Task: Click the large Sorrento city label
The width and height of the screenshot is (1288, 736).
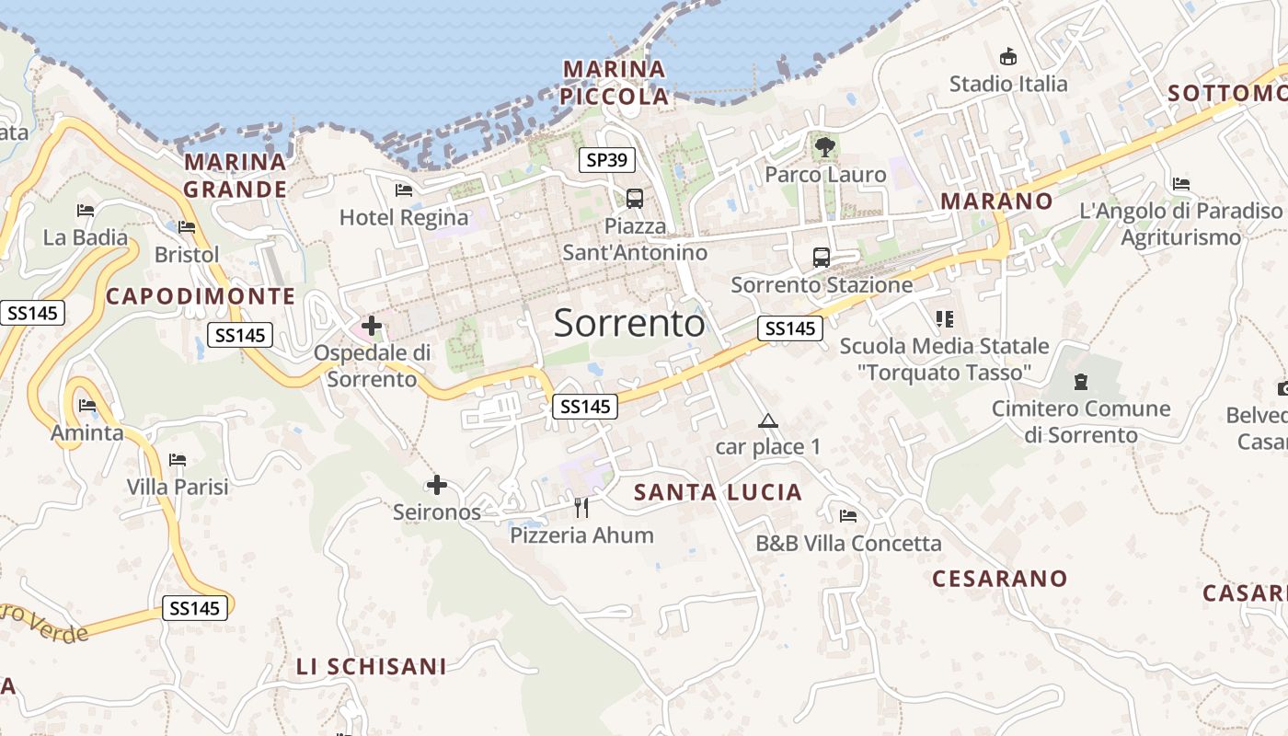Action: pyautogui.click(x=629, y=323)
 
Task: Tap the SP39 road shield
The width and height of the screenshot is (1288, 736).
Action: pyautogui.click(x=607, y=160)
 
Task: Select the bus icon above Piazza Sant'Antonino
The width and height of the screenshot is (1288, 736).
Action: pyautogui.click(x=635, y=198)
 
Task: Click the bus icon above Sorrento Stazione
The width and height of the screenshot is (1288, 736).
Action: pyautogui.click(x=822, y=258)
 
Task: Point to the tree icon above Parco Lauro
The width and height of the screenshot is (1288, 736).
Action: pyautogui.click(x=825, y=145)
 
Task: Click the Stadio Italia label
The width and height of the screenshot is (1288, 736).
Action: pyautogui.click(x=1008, y=84)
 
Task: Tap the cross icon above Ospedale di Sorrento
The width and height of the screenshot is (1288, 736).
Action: pyautogui.click(x=372, y=326)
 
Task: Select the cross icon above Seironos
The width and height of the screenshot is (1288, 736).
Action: pyautogui.click(x=437, y=485)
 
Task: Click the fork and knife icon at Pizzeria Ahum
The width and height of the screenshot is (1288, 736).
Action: pyautogui.click(x=581, y=507)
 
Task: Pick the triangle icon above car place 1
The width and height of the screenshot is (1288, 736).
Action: pyautogui.click(x=767, y=421)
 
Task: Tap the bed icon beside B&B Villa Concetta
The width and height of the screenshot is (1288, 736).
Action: pyautogui.click(x=848, y=516)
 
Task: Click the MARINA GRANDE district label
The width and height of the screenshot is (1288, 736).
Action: pyautogui.click(x=236, y=176)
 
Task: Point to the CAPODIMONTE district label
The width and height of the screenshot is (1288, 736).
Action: pyautogui.click(x=201, y=296)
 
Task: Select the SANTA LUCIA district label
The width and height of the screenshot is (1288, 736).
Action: pyautogui.click(x=719, y=492)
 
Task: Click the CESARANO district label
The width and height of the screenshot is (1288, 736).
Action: pyautogui.click(x=1000, y=579)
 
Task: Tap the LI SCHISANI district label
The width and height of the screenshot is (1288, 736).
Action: pyautogui.click(x=372, y=667)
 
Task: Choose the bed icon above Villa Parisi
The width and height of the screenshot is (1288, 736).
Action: pyautogui.click(x=178, y=460)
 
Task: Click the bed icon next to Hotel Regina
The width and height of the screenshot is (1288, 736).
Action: pyautogui.click(x=404, y=190)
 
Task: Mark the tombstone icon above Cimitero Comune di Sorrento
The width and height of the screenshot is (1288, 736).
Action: pyautogui.click(x=1081, y=381)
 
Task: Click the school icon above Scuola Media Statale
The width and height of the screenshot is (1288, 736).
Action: pyautogui.click(x=944, y=319)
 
